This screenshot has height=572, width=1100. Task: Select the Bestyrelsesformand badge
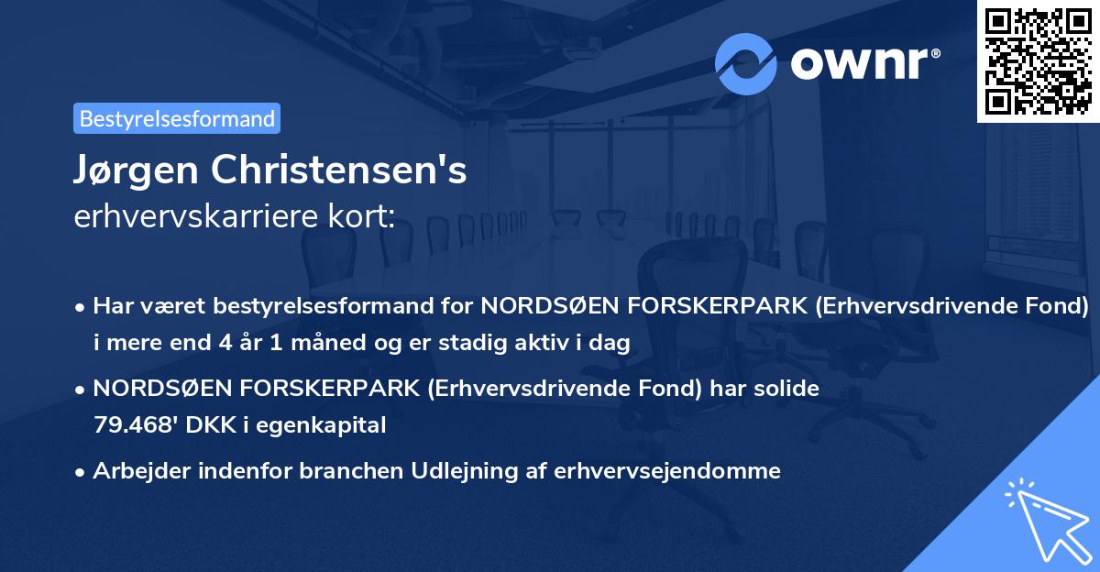click(x=177, y=118)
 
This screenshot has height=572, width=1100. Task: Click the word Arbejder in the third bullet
click(x=137, y=471)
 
